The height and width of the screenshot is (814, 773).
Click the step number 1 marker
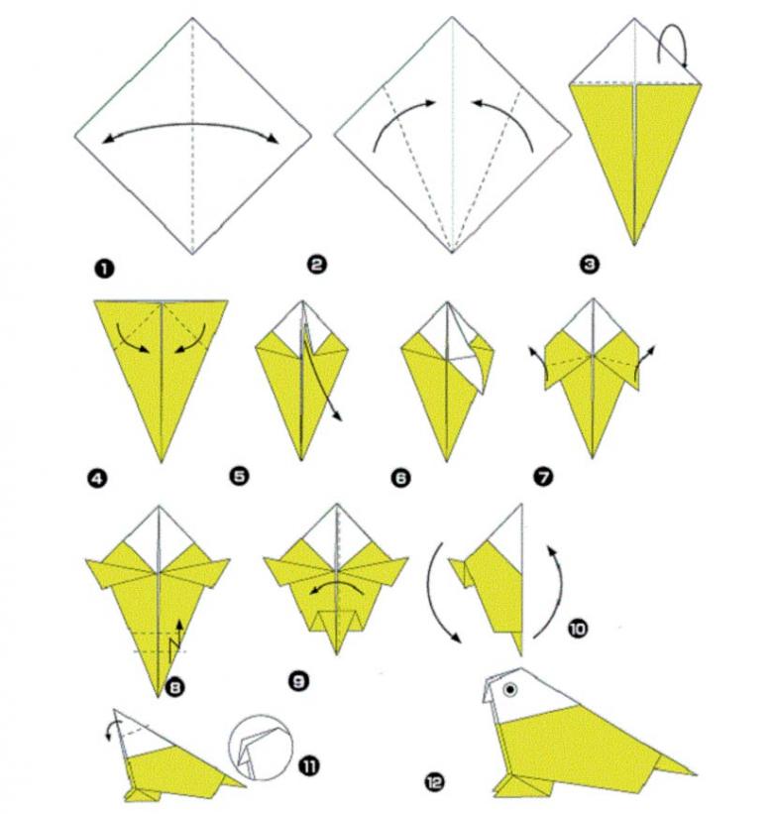[x=104, y=270]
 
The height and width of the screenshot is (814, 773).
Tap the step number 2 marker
[x=316, y=265]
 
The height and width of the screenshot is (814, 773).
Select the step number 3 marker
[x=590, y=265]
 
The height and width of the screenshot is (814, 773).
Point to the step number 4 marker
[x=97, y=478]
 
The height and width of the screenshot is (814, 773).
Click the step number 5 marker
[x=239, y=476]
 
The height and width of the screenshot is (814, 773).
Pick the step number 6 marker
[x=401, y=478]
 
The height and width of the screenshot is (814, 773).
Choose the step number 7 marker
[x=544, y=476]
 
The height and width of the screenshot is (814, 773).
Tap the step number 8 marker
[x=174, y=687]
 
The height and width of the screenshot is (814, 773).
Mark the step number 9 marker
[x=299, y=680]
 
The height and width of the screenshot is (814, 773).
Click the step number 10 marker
[x=578, y=629]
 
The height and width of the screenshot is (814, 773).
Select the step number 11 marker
[x=310, y=765]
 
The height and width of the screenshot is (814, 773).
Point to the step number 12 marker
[x=434, y=782]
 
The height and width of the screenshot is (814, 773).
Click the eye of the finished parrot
[x=511, y=689]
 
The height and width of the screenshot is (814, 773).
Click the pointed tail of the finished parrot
[x=675, y=764]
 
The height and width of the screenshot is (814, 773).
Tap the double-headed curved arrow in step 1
[x=190, y=125]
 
